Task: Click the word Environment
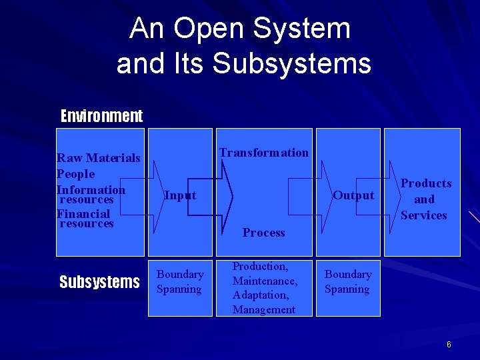pyautogui.click(x=101, y=116)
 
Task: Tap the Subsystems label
pyautogui.click(x=99, y=282)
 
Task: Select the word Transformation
pyautogui.click(x=264, y=153)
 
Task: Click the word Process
pyautogui.click(x=264, y=233)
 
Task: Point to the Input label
pyautogui.click(x=180, y=195)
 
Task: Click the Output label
pyautogui.click(x=353, y=195)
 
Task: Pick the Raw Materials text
pyautogui.click(x=99, y=158)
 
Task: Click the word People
pyautogui.click(x=76, y=174)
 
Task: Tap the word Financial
pyautogui.click(x=83, y=214)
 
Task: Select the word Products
pyautogui.click(x=426, y=183)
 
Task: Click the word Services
pyautogui.click(x=423, y=215)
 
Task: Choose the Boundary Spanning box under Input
pyautogui.click(x=180, y=281)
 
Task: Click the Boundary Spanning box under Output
pyautogui.click(x=347, y=281)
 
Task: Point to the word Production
pyautogui.click(x=260, y=267)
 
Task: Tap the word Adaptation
pyautogui.click(x=261, y=295)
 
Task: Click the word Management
pyautogui.click(x=264, y=309)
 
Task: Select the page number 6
pyautogui.click(x=449, y=345)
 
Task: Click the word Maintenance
pyautogui.click(x=265, y=281)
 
